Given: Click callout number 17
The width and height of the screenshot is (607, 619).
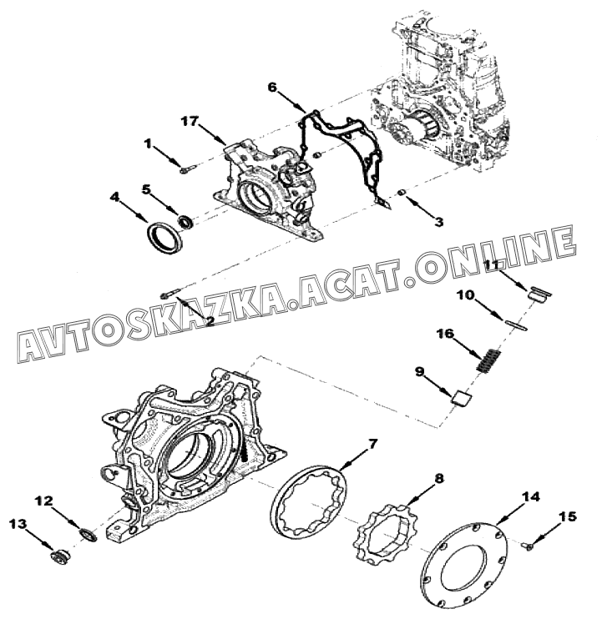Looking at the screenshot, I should (x=188, y=121).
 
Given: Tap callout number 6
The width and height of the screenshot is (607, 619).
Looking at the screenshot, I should (x=271, y=87).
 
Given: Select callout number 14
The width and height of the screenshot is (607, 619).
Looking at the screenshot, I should (x=530, y=496).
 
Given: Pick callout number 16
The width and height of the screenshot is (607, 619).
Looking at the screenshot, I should (x=446, y=334).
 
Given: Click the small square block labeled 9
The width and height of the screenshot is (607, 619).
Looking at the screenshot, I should (x=459, y=396).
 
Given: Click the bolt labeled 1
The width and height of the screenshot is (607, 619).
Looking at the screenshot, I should (x=186, y=169).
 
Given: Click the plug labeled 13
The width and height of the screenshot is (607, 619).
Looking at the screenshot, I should (x=58, y=557).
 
